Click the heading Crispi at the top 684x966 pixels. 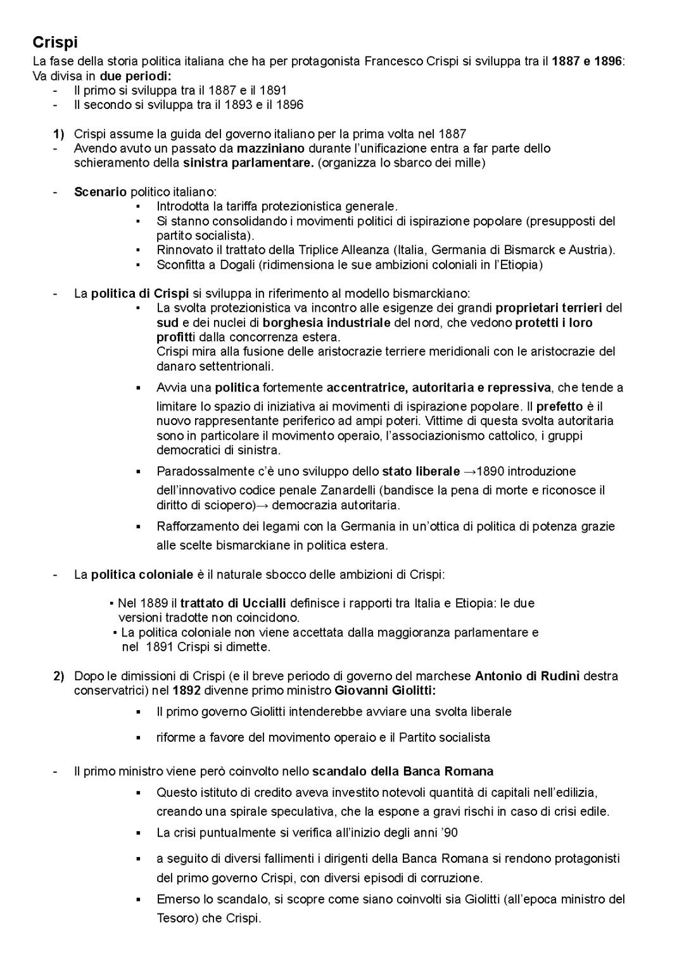tap(55, 43)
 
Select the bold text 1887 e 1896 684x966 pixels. tap(587, 61)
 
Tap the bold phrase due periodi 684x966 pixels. tap(135, 76)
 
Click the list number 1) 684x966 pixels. tap(58, 134)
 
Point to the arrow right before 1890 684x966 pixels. tap(469, 471)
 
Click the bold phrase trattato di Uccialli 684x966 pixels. tap(233, 603)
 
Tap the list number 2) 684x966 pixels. tap(58, 676)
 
